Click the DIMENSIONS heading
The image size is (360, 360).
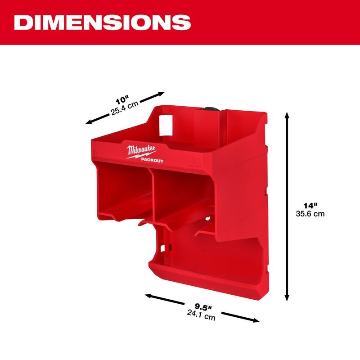point(102,22)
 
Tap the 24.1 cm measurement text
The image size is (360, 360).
point(201,316)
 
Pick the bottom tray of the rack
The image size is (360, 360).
point(198,270)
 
